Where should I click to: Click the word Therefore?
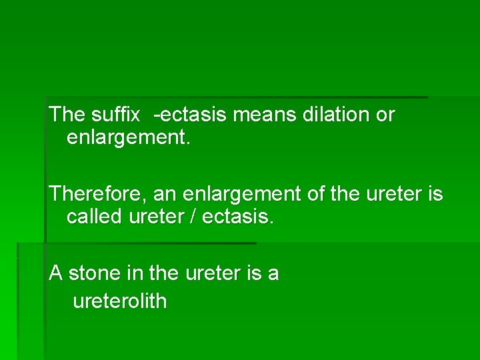click(x=99, y=194)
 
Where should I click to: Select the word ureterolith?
click(x=119, y=301)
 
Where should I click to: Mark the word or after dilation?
click(x=385, y=115)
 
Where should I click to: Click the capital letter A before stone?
click(x=56, y=273)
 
